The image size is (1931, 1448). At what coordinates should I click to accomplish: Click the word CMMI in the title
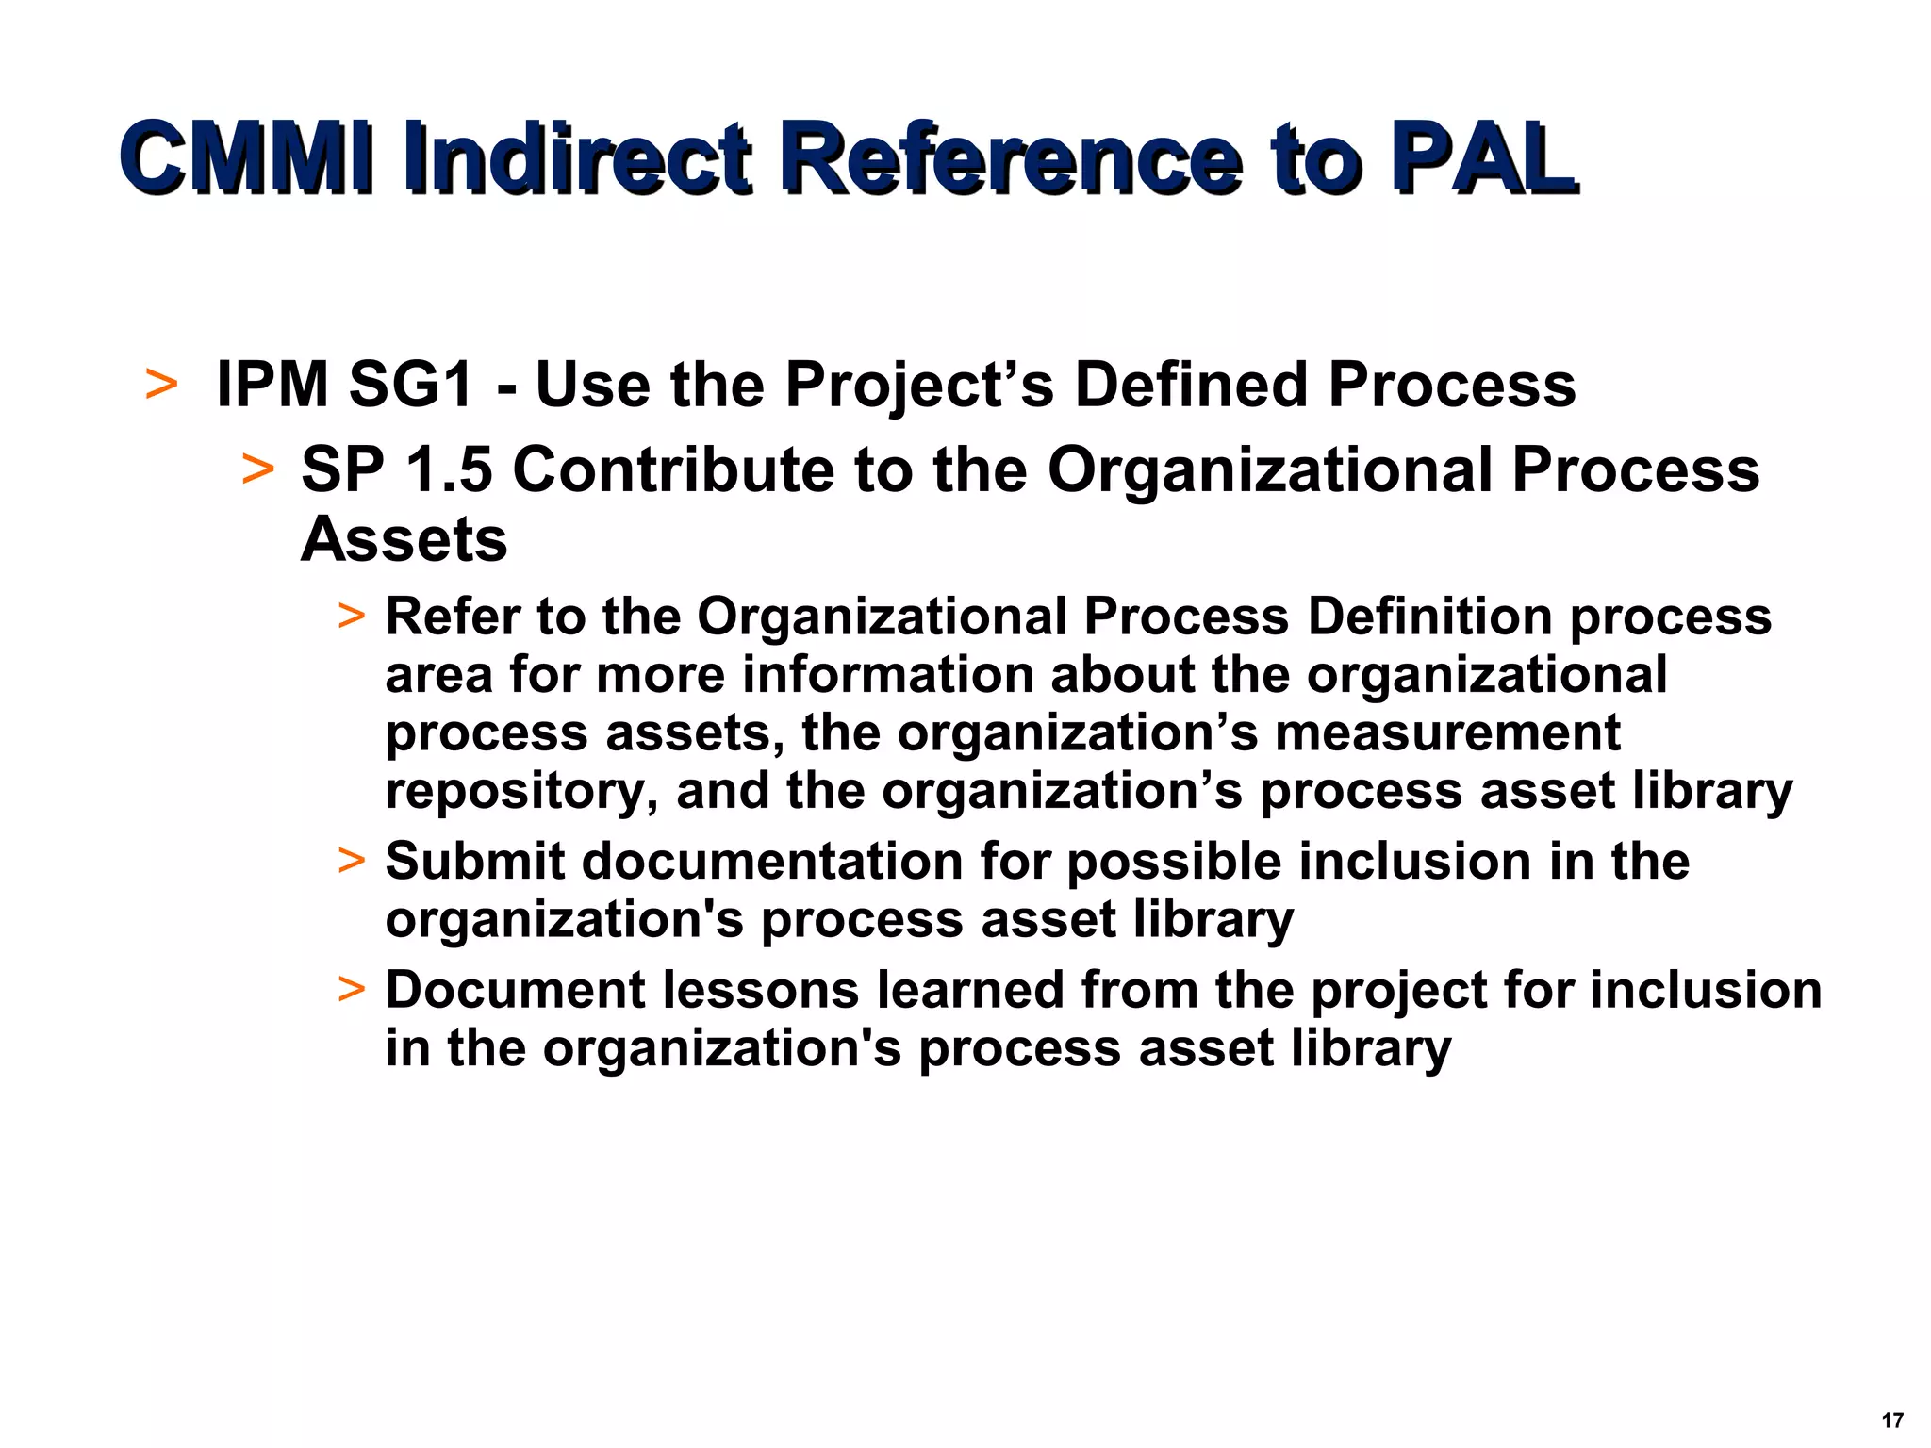(245, 157)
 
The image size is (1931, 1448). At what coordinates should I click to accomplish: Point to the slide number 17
(1891, 1421)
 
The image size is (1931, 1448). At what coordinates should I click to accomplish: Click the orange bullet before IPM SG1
(161, 385)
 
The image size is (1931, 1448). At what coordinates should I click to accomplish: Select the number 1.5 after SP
(449, 469)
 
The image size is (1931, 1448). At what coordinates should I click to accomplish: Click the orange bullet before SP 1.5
(257, 469)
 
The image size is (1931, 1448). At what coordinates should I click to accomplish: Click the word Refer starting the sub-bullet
(453, 617)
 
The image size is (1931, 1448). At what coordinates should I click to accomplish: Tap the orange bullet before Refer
(351, 617)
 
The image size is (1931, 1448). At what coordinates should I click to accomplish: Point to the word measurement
(1448, 732)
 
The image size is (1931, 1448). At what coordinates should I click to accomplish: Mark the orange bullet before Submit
(351, 862)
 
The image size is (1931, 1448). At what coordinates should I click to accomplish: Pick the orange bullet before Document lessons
(351, 990)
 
